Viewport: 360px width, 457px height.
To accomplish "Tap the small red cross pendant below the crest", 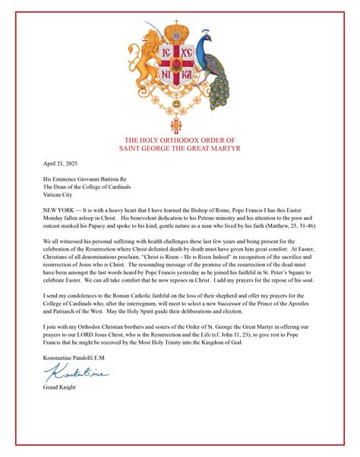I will (179, 123).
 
